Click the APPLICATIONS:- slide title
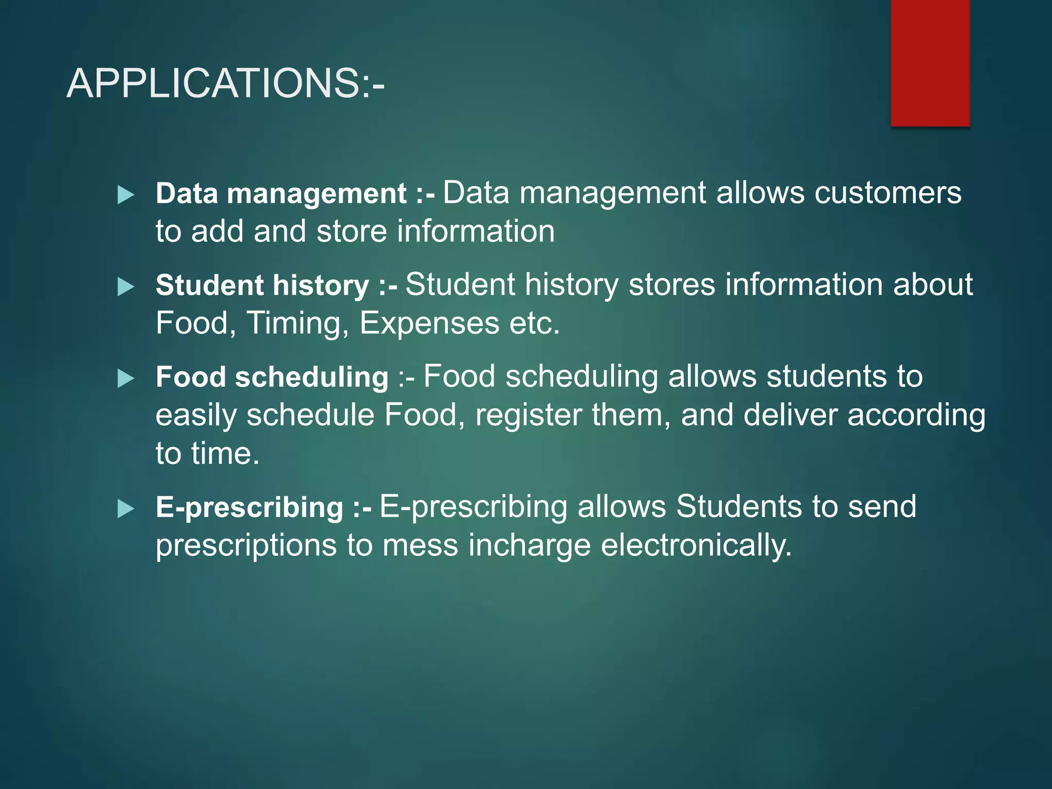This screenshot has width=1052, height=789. [x=225, y=83]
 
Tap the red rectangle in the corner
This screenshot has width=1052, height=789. [x=930, y=63]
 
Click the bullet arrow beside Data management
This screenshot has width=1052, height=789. [x=125, y=195]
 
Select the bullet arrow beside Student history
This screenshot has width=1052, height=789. [x=125, y=287]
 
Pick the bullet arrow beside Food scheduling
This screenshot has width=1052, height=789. [x=125, y=379]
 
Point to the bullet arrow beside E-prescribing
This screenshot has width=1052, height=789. [x=125, y=509]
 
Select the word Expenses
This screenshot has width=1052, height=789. [x=429, y=324]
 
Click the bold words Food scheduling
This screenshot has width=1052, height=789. [x=272, y=378]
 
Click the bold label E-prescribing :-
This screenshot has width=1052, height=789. [x=264, y=508]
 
